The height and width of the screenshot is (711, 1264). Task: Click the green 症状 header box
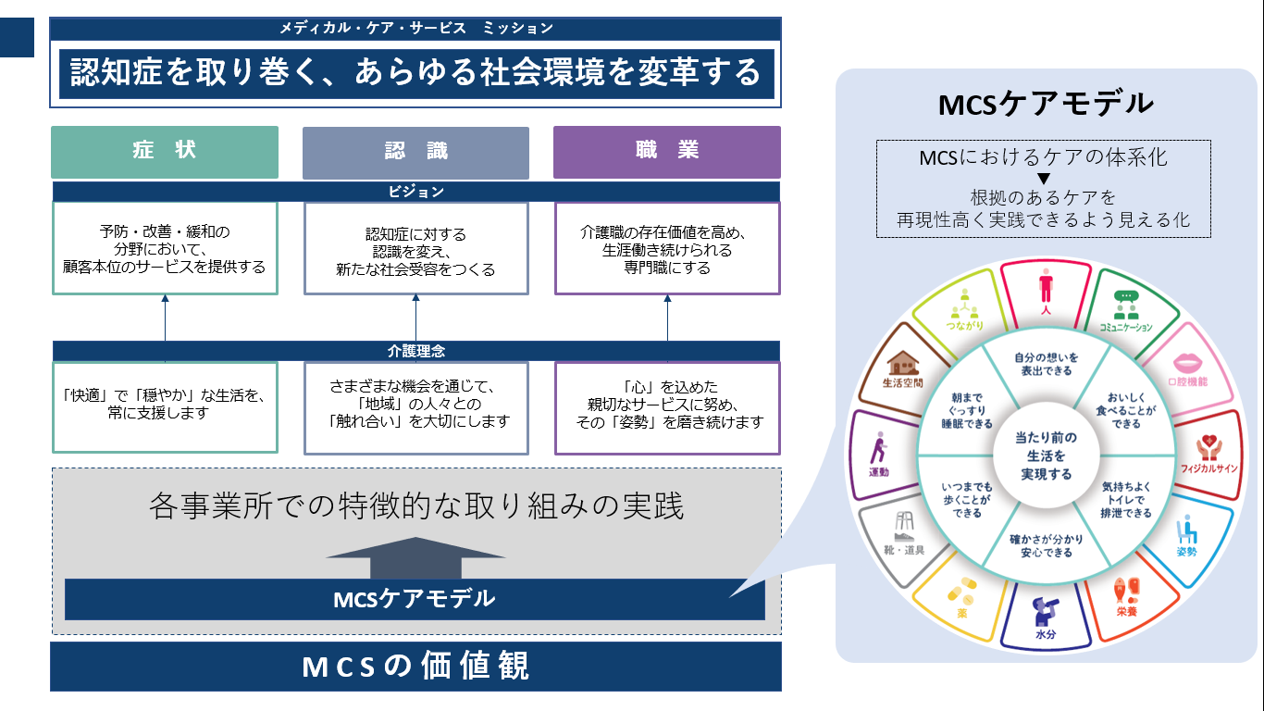pyautogui.click(x=165, y=152)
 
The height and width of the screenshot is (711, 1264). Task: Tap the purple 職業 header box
pyautogui.click(x=666, y=152)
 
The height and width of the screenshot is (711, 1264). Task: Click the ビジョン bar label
pyautogui.click(x=415, y=192)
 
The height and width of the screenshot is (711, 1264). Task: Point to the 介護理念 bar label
pyautogui.click(x=415, y=351)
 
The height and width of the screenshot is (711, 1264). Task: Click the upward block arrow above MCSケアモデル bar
pyautogui.click(x=415, y=557)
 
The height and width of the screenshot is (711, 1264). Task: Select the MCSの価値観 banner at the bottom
pyautogui.click(x=415, y=667)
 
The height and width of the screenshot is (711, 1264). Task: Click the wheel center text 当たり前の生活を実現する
pyautogui.click(x=1046, y=455)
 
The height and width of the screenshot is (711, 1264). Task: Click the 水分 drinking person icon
pyautogui.click(x=1046, y=612)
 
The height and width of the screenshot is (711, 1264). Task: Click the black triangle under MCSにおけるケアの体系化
pyautogui.click(x=1043, y=178)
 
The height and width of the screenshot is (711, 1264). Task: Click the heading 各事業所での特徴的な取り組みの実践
pyautogui.click(x=415, y=507)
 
